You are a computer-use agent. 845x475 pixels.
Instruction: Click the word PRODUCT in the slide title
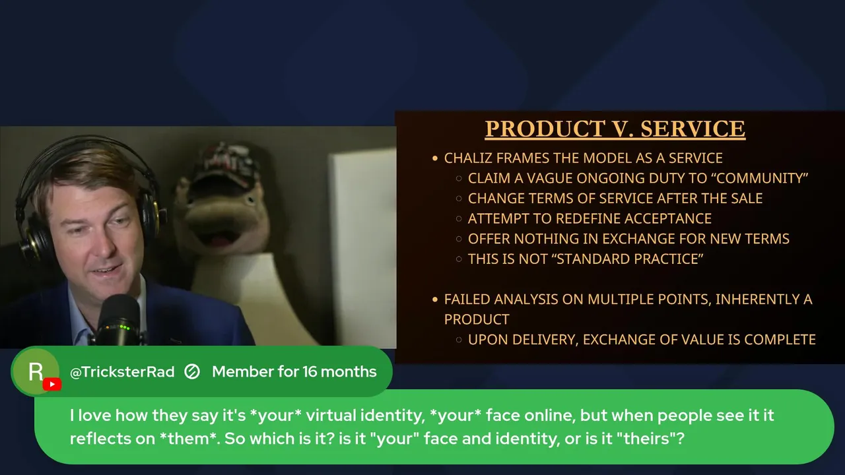click(x=545, y=129)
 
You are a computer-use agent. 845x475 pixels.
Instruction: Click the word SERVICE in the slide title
click(x=693, y=129)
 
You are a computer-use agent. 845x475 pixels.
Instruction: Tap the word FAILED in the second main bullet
click(x=467, y=300)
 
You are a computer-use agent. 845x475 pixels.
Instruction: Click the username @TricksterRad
click(x=122, y=371)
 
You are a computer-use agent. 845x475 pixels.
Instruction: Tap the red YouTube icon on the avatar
click(x=52, y=384)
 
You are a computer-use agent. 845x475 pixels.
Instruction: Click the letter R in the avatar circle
click(x=36, y=371)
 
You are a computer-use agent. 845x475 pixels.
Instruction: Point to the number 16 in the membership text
click(x=310, y=371)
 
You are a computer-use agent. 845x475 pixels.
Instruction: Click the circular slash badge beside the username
click(x=192, y=371)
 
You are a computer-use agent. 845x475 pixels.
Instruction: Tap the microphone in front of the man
click(x=120, y=321)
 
